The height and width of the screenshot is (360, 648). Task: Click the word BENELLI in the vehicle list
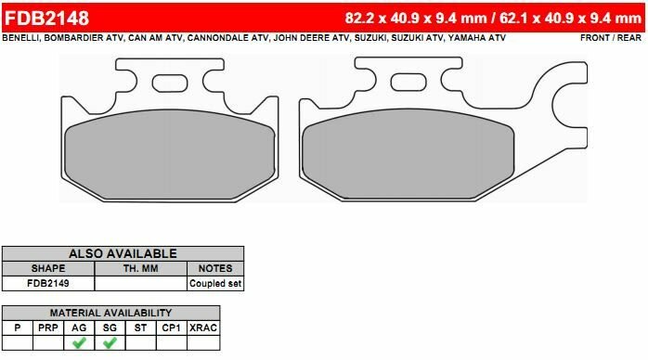pyautogui.click(x=23, y=39)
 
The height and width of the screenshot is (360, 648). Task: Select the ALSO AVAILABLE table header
pyautogui.click(x=123, y=253)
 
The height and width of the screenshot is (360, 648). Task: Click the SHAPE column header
pyautogui.click(x=47, y=268)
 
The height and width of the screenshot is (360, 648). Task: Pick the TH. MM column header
pyautogui.click(x=141, y=268)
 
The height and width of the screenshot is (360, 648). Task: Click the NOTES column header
pyautogui.click(x=215, y=268)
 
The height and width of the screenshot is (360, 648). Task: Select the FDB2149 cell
pyautogui.click(x=47, y=283)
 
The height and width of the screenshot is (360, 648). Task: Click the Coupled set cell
pyautogui.click(x=215, y=283)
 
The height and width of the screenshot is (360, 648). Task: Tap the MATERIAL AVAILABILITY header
pyautogui.click(x=110, y=313)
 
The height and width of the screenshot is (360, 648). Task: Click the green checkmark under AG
pyautogui.click(x=79, y=342)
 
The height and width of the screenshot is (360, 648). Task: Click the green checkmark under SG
pyautogui.click(x=110, y=342)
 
